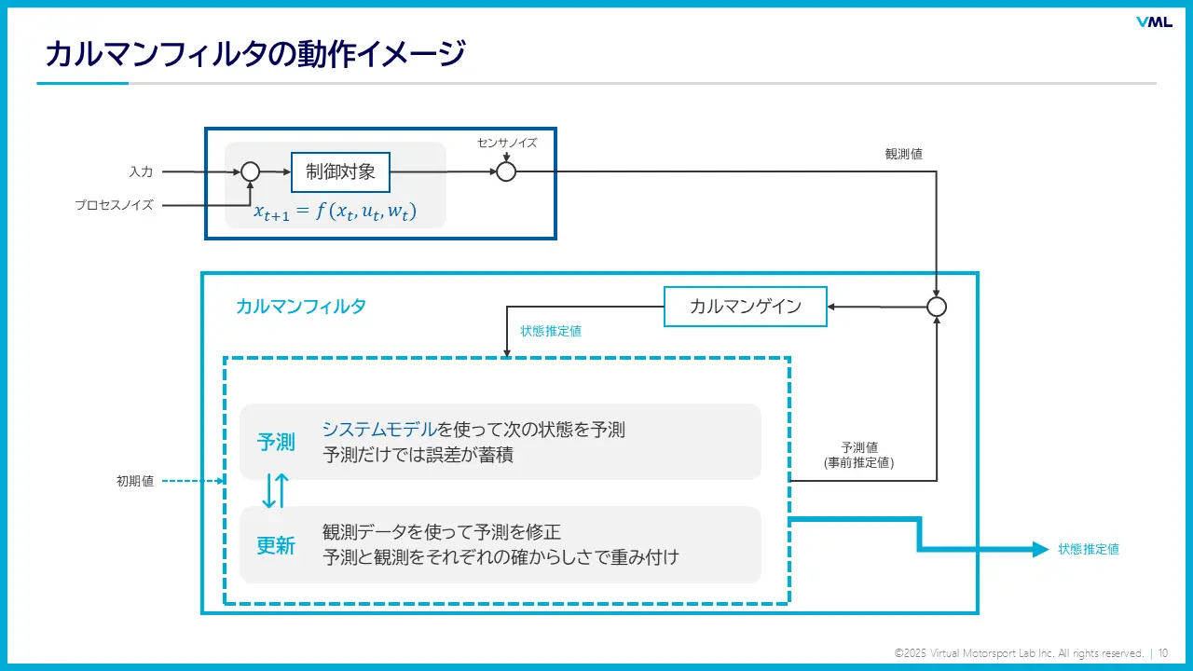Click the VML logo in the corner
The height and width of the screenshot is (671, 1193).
[1154, 22]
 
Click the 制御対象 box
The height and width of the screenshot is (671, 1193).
[340, 171]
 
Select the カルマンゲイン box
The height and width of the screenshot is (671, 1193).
[746, 307]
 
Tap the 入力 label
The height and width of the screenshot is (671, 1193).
[141, 171]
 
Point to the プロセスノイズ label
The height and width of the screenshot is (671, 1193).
[114, 205]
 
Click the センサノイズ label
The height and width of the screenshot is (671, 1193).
[507, 143]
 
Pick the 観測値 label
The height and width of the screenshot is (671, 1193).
[903, 154]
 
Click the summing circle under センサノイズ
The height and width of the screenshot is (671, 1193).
[506, 171]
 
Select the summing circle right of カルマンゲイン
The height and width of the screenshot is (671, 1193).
[937, 307]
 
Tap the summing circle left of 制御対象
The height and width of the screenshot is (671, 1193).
[250, 171]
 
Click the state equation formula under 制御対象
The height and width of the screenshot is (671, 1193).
[335, 212]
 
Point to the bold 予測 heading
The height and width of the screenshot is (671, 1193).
[276, 442]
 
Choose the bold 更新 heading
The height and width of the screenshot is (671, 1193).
[276, 545]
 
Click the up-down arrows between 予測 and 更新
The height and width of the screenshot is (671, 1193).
[275, 490]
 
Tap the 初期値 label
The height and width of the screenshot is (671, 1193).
[135, 481]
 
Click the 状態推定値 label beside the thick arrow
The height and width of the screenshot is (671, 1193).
[1089, 549]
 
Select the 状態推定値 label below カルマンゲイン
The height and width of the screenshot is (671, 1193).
[551, 331]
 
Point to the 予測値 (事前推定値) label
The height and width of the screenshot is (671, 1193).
[859, 454]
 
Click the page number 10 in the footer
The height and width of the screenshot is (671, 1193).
[1164, 653]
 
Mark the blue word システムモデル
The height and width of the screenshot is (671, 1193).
[379, 430]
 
